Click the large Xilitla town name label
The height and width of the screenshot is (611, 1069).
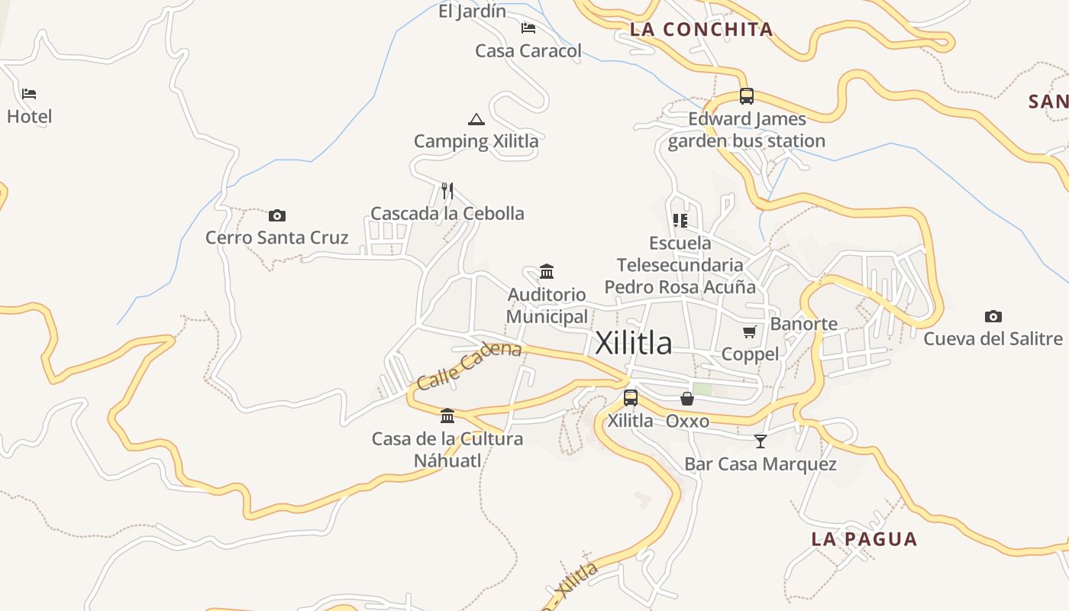[x=633, y=343]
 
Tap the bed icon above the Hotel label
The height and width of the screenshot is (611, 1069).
[x=29, y=94]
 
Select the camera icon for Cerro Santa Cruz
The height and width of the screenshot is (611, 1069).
[x=277, y=215]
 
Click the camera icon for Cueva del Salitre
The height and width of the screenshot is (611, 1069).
[x=993, y=316]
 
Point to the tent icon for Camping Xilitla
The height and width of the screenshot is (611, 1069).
[x=476, y=119]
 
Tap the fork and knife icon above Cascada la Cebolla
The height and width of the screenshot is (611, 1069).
[x=447, y=190]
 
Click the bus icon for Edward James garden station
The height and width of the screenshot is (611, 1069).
[x=746, y=96]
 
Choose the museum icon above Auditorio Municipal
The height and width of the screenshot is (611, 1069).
[x=547, y=271]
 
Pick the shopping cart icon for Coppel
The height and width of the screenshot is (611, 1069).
[x=749, y=331]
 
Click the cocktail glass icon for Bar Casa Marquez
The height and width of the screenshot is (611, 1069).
[x=760, y=441]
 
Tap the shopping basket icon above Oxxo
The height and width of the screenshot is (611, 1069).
[x=687, y=399]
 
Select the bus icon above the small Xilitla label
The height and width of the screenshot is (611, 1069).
[x=630, y=397]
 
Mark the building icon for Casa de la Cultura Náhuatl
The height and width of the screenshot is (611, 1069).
[x=447, y=415]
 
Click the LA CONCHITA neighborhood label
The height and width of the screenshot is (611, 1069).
[x=701, y=30]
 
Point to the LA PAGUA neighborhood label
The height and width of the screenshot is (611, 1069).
[x=864, y=539]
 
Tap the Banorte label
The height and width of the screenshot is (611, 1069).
[x=803, y=324]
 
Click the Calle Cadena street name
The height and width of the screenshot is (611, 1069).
[x=469, y=365]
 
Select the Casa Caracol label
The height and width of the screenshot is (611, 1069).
[x=528, y=51]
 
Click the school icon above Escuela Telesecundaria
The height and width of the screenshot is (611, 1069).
[x=680, y=221]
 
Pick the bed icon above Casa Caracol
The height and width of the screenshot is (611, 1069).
[x=528, y=28]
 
